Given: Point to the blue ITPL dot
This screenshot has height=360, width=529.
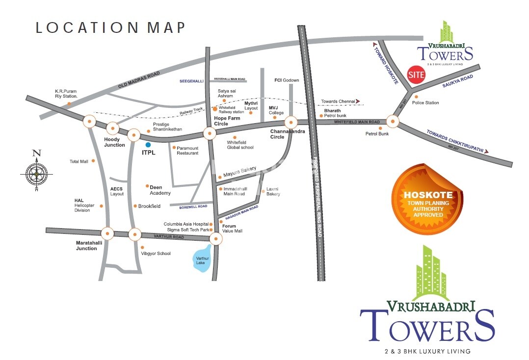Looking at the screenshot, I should pyautogui.click(x=148, y=145).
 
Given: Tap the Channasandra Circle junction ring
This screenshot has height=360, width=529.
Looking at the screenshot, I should pyautogui.click(x=291, y=122).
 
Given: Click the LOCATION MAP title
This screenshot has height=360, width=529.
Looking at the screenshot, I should pyautogui.click(x=110, y=27).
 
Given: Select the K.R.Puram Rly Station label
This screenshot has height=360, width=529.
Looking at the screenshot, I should pyautogui.click(x=66, y=94).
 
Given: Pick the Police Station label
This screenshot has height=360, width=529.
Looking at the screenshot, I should pyautogui.click(x=425, y=103).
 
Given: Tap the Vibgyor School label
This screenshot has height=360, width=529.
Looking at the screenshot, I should pyautogui.click(x=156, y=254).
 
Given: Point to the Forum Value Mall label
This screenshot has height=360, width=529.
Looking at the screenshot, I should pyautogui.click(x=232, y=229).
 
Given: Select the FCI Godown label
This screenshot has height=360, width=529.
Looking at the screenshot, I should pyautogui.click(x=287, y=80).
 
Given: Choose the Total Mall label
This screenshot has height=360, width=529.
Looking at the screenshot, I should pyautogui.click(x=79, y=161).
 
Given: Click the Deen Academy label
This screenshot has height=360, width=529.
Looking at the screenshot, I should pyautogui.click(x=160, y=190).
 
